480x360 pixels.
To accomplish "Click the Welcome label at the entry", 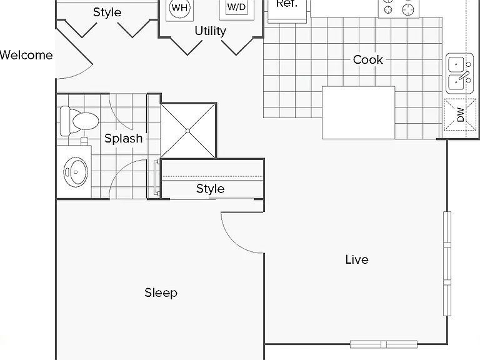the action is click(26, 55).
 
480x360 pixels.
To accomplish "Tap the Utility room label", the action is click(210, 31).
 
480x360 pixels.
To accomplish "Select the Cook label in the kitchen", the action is click(367, 60).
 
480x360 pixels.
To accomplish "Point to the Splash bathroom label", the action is click(123, 138).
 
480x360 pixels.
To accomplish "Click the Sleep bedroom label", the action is click(161, 292).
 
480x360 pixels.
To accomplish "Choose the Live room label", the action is click(357, 259).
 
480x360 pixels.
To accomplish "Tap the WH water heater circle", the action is click(179, 7).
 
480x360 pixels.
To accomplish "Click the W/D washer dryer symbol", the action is click(237, 7).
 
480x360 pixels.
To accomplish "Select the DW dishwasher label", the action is click(461, 114).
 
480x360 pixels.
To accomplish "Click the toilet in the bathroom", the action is click(79, 121).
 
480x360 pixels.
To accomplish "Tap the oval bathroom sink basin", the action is click(75, 172).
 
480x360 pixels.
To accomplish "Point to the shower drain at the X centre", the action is click(188, 131).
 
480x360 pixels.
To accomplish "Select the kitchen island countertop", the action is click(359, 112).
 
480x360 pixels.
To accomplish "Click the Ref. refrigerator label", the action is click(286, 4).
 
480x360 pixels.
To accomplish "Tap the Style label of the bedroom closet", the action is click(210, 189).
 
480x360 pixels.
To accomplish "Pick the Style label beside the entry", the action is click(107, 12).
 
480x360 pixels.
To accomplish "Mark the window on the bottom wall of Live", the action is click(384, 344).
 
